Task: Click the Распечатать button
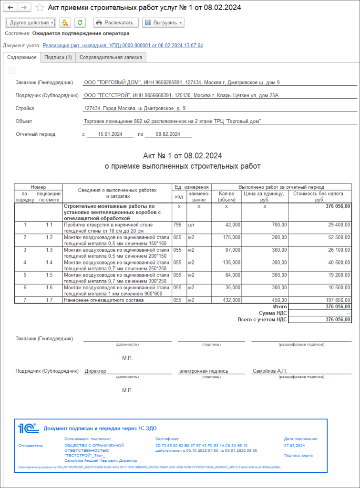tap(116, 22)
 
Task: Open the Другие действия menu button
tap(31, 22)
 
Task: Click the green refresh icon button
tap(80, 22)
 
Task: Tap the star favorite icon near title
tap(40, 8)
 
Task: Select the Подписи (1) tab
tap(58, 57)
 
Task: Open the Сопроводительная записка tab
tap(111, 57)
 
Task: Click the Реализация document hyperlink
tap(123, 45)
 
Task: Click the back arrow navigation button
tap(10, 8)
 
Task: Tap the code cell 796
tap(177, 224)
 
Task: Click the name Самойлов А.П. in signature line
tap(270, 371)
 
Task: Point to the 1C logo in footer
tap(28, 428)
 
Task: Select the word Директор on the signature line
tap(95, 371)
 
